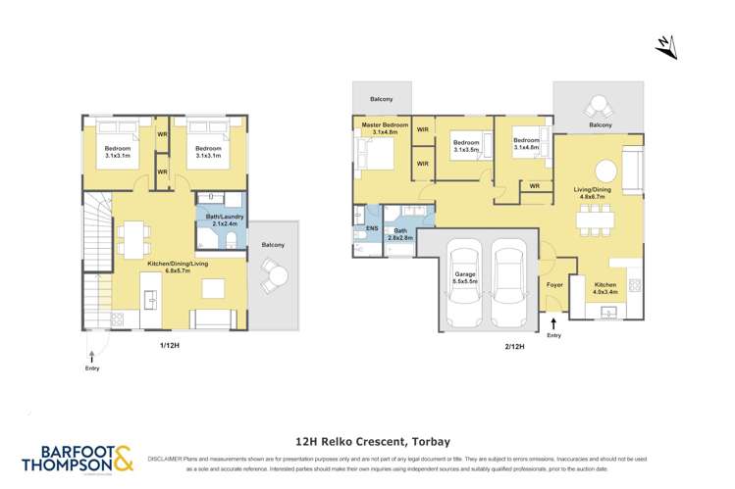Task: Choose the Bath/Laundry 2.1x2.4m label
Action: [x=227, y=220]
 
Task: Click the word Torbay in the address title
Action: [x=427, y=442]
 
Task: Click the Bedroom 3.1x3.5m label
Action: [x=466, y=148]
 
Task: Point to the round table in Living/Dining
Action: [x=606, y=168]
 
